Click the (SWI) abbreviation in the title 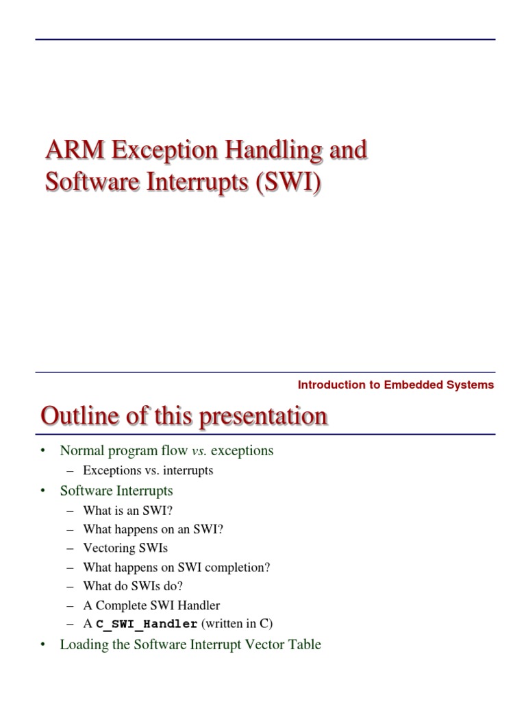[288, 184]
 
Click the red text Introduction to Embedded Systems [395, 385]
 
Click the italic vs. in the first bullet [199, 450]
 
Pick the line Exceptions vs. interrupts [148, 470]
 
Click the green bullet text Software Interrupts [116, 490]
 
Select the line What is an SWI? [125, 510]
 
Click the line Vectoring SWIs [125, 548]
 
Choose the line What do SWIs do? [133, 586]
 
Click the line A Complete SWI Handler [151, 605]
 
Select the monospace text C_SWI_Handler [147, 624]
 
